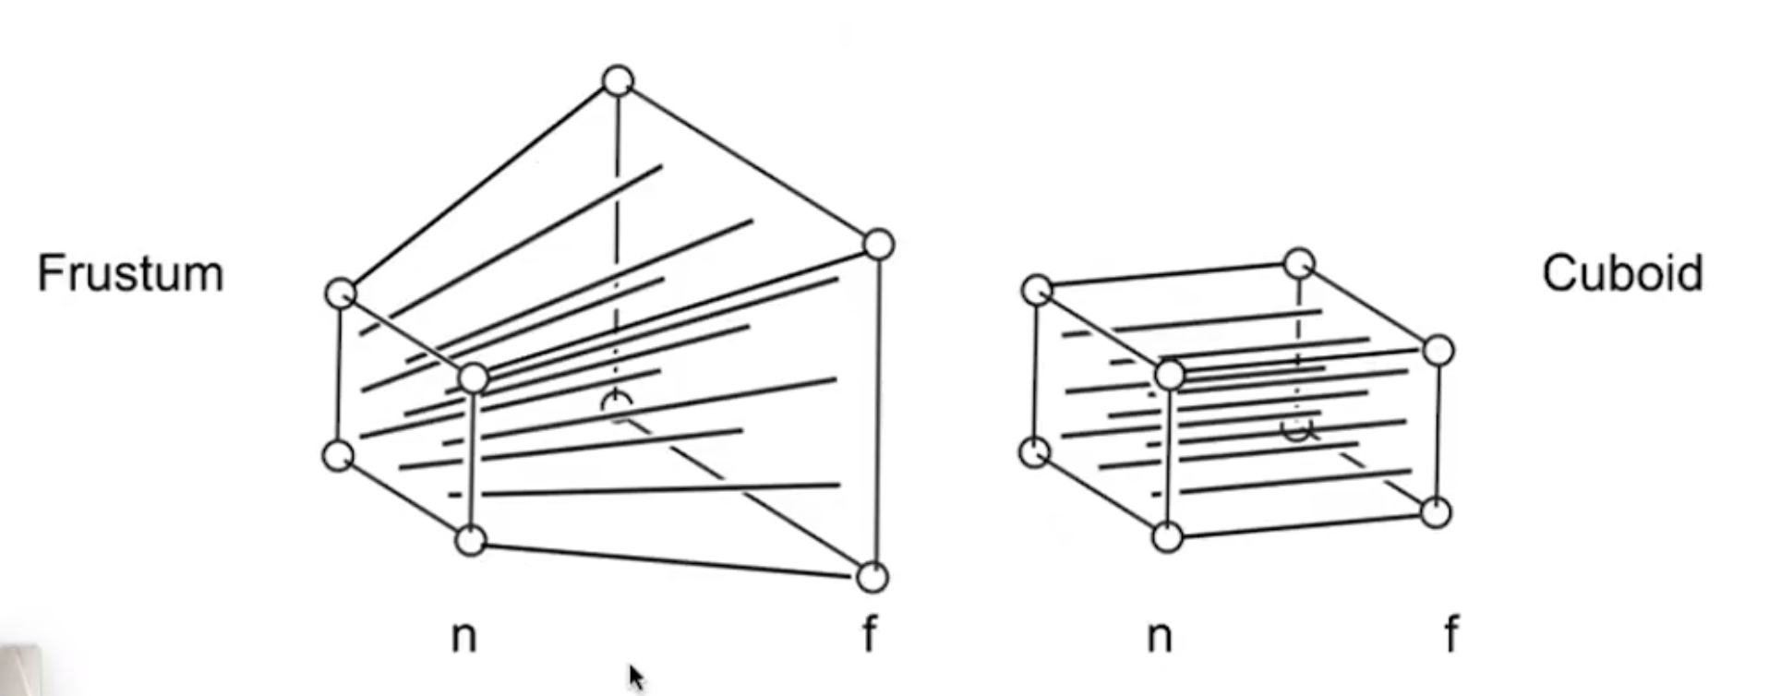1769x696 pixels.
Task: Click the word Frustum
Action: pyautogui.click(x=130, y=274)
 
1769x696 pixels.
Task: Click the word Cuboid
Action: pyautogui.click(x=1622, y=274)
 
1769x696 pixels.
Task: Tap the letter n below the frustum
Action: pyautogui.click(x=463, y=636)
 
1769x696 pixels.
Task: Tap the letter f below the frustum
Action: pyautogui.click(x=869, y=634)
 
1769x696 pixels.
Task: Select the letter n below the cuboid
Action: pyautogui.click(x=1160, y=636)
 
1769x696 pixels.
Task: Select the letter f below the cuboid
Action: pyautogui.click(x=1451, y=634)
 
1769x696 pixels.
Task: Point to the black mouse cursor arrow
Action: pyautogui.click(x=635, y=677)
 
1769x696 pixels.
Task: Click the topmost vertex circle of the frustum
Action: pyautogui.click(x=618, y=81)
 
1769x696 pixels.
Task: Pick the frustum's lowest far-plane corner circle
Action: pyautogui.click(x=872, y=577)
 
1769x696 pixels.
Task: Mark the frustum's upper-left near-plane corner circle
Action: pyautogui.click(x=341, y=294)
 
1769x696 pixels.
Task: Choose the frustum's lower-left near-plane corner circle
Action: pyautogui.click(x=338, y=455)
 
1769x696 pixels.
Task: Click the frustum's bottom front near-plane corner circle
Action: pyautogui.click(x=471, y=540)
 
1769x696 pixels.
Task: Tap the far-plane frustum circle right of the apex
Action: pyautogui.click(x=879, y=245)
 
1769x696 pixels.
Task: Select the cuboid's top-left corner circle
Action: pyautogui.click(x=1037, y=289)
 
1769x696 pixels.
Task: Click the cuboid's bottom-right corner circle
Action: pyautogui.click(x=1436, y=512)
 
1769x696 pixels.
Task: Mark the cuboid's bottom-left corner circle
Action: pyautogui.click(x=1034, y=452)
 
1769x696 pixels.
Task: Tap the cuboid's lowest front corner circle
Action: pyautogui.click(x=1168, y=536)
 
